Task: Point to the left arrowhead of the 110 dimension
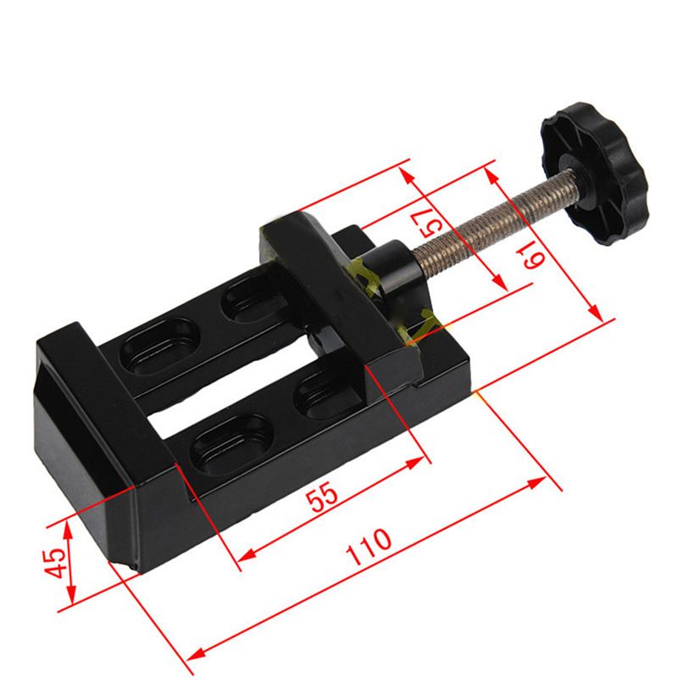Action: point(192,655)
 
